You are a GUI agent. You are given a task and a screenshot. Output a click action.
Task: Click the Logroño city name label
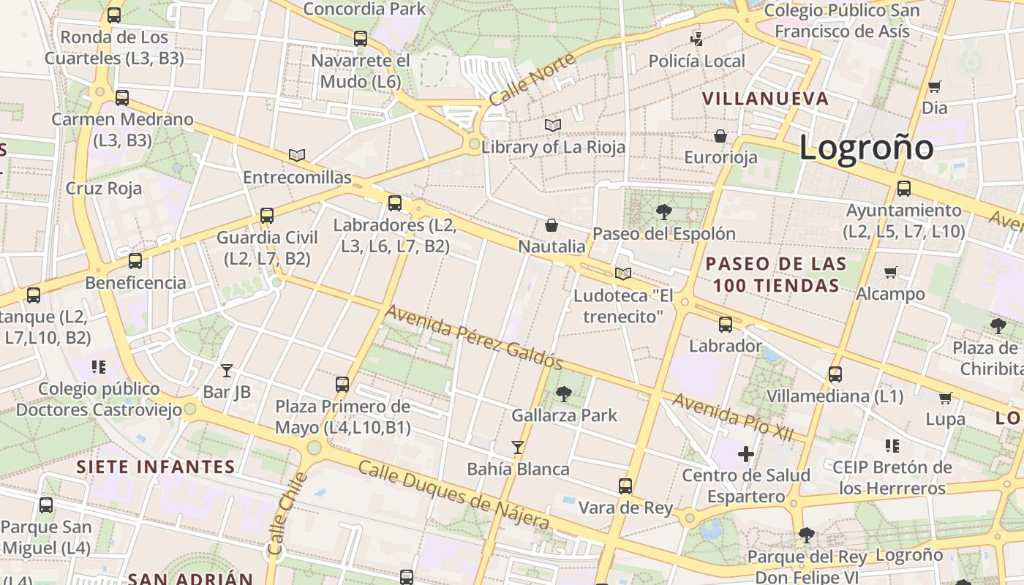coord(866,148)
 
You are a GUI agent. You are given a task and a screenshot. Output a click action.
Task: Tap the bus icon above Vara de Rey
coord(625,486)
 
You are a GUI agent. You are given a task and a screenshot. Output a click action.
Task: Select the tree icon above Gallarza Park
coord(564,394)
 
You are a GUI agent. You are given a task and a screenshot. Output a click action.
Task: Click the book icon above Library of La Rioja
coord(553,126)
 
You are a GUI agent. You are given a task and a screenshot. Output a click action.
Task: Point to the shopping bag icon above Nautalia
coord(551,225)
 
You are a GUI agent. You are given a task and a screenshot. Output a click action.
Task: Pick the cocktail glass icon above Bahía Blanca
coord(518,447)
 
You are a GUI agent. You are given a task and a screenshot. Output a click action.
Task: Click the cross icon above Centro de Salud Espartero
coord(746,454)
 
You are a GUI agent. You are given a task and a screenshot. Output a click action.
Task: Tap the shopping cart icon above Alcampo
coord(891,273)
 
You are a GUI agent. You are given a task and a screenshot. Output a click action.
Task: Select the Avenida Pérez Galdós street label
coord(474,337)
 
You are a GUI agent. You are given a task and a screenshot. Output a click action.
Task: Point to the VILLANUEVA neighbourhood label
coord(765,99)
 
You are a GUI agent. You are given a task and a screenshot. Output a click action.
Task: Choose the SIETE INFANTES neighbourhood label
coord(156,467)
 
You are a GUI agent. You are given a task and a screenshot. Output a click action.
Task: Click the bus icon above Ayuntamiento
coord(904,189)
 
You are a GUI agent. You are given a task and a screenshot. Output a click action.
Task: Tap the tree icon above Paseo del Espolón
coord(664,212)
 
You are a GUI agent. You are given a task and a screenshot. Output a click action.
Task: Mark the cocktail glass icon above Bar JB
coord(227,371)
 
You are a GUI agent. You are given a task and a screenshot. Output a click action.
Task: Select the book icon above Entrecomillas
coord(297,155)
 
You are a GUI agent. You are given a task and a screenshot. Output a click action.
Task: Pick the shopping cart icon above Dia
coord(934,87)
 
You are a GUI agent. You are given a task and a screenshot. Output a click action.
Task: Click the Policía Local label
coord(697,61)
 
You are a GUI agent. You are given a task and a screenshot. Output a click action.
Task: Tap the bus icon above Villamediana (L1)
coord(835,374)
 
